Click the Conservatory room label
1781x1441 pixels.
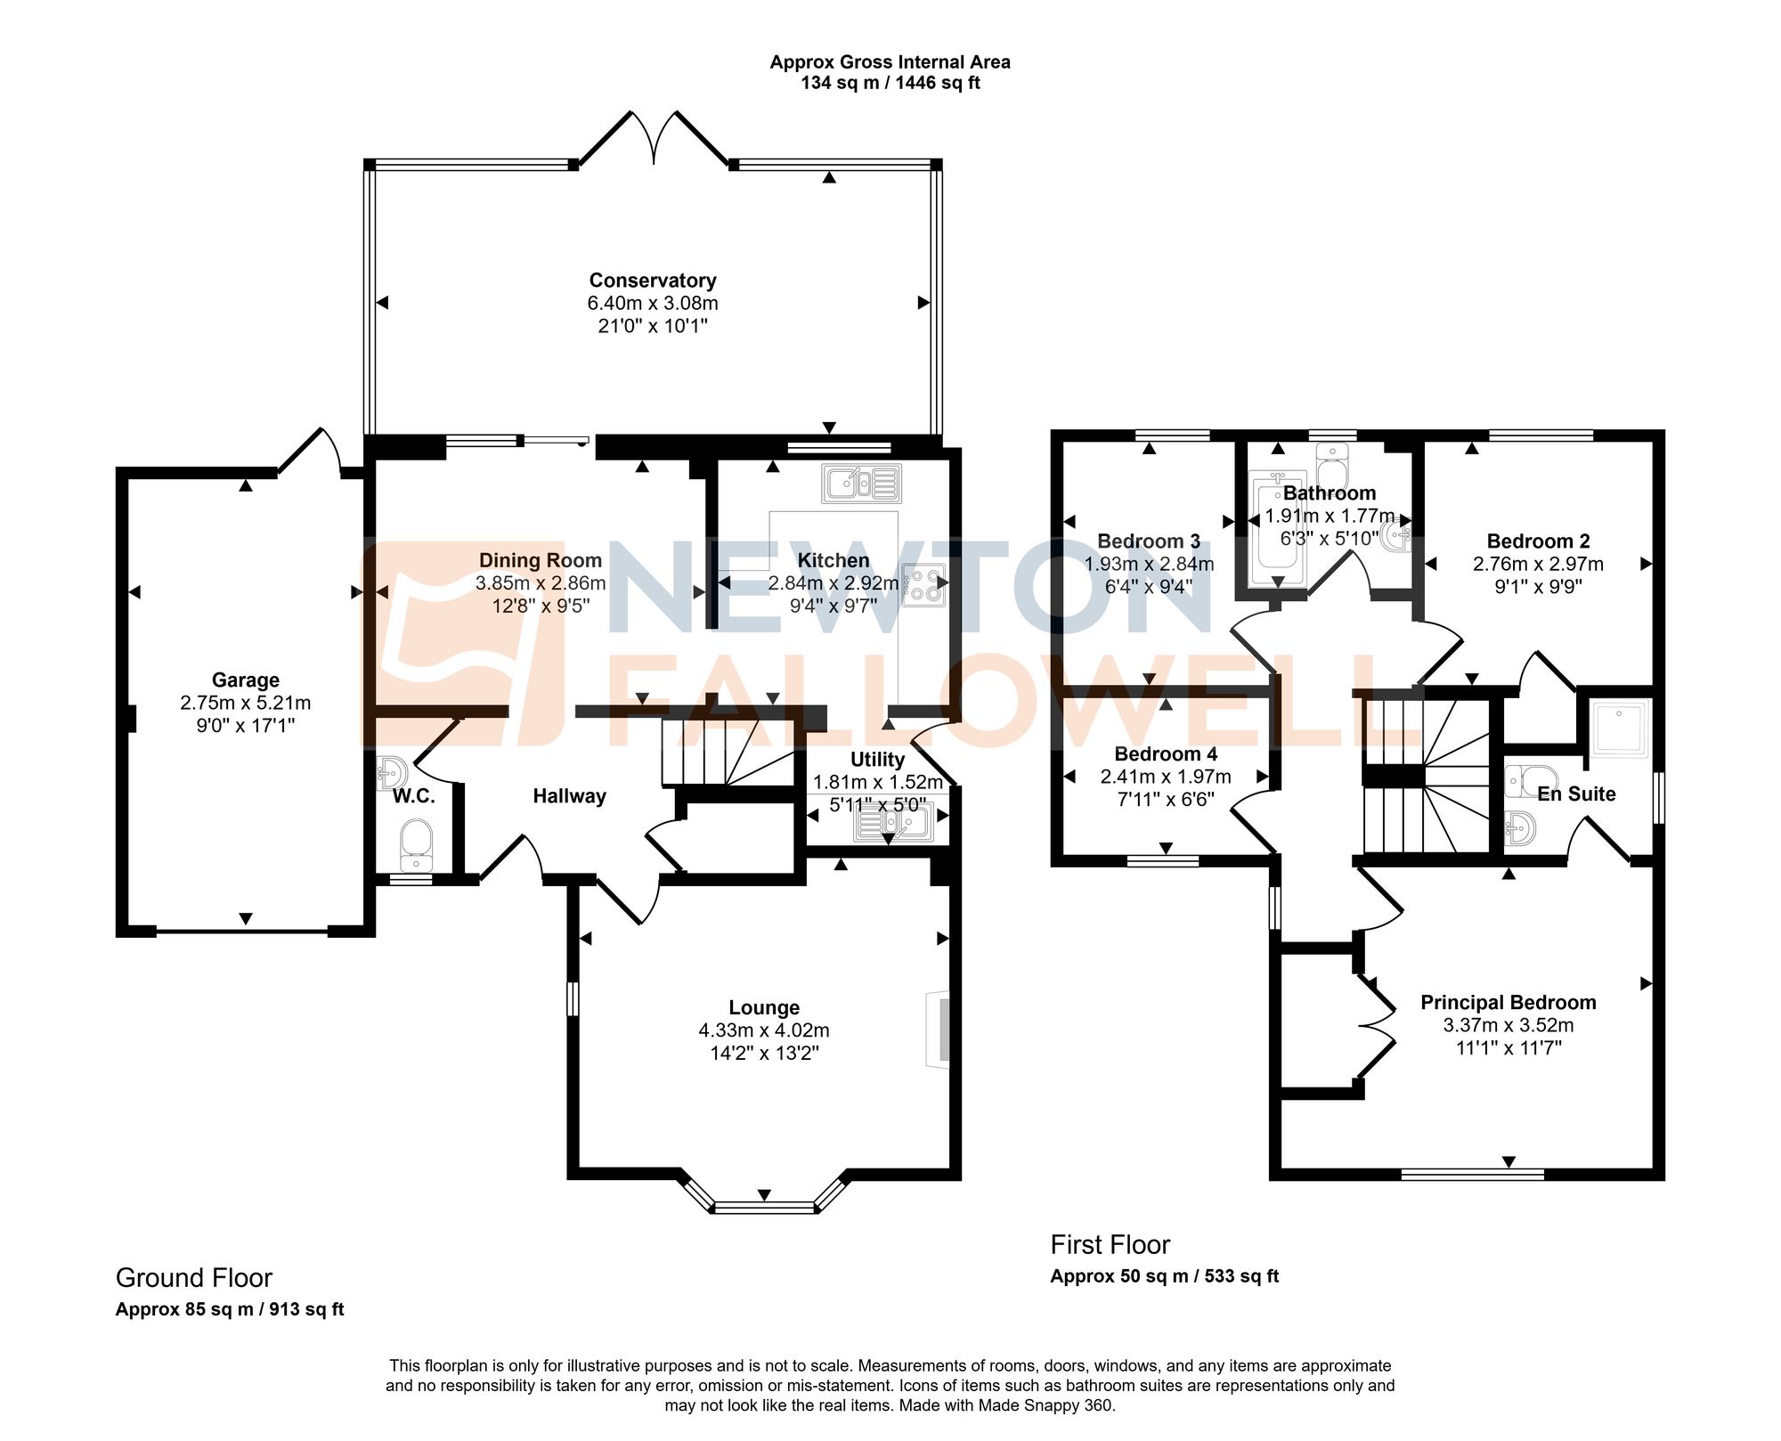tap(653, 281)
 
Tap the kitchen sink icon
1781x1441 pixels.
tap(861, 484)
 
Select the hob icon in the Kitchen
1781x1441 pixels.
tap(923, 585)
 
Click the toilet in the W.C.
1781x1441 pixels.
tap(416, 844)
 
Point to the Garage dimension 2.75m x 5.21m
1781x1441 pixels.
tap(246, 703)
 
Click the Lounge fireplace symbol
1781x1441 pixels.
tap(939, 1029)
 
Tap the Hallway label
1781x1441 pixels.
tap(569, 796)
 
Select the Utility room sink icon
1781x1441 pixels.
tap(893, 824)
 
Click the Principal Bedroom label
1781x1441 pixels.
tap(1508, 1003)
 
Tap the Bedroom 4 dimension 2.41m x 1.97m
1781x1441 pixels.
tap(1166, 777)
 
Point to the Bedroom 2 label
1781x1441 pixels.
tap(1538, 541)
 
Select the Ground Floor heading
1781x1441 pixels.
tap(194, 1278)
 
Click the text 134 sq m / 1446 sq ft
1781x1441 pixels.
tap(890, 84)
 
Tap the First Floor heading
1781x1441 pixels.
tap(1110, 1244)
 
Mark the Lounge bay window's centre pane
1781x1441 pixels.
tap(764, 1208)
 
